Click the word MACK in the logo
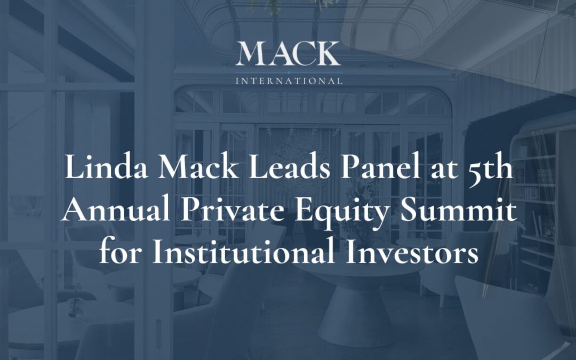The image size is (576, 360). point(288,54)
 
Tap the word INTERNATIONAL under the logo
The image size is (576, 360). point(289,82)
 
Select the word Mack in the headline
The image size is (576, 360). point(183,169)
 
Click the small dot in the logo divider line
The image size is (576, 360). point(288,71)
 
